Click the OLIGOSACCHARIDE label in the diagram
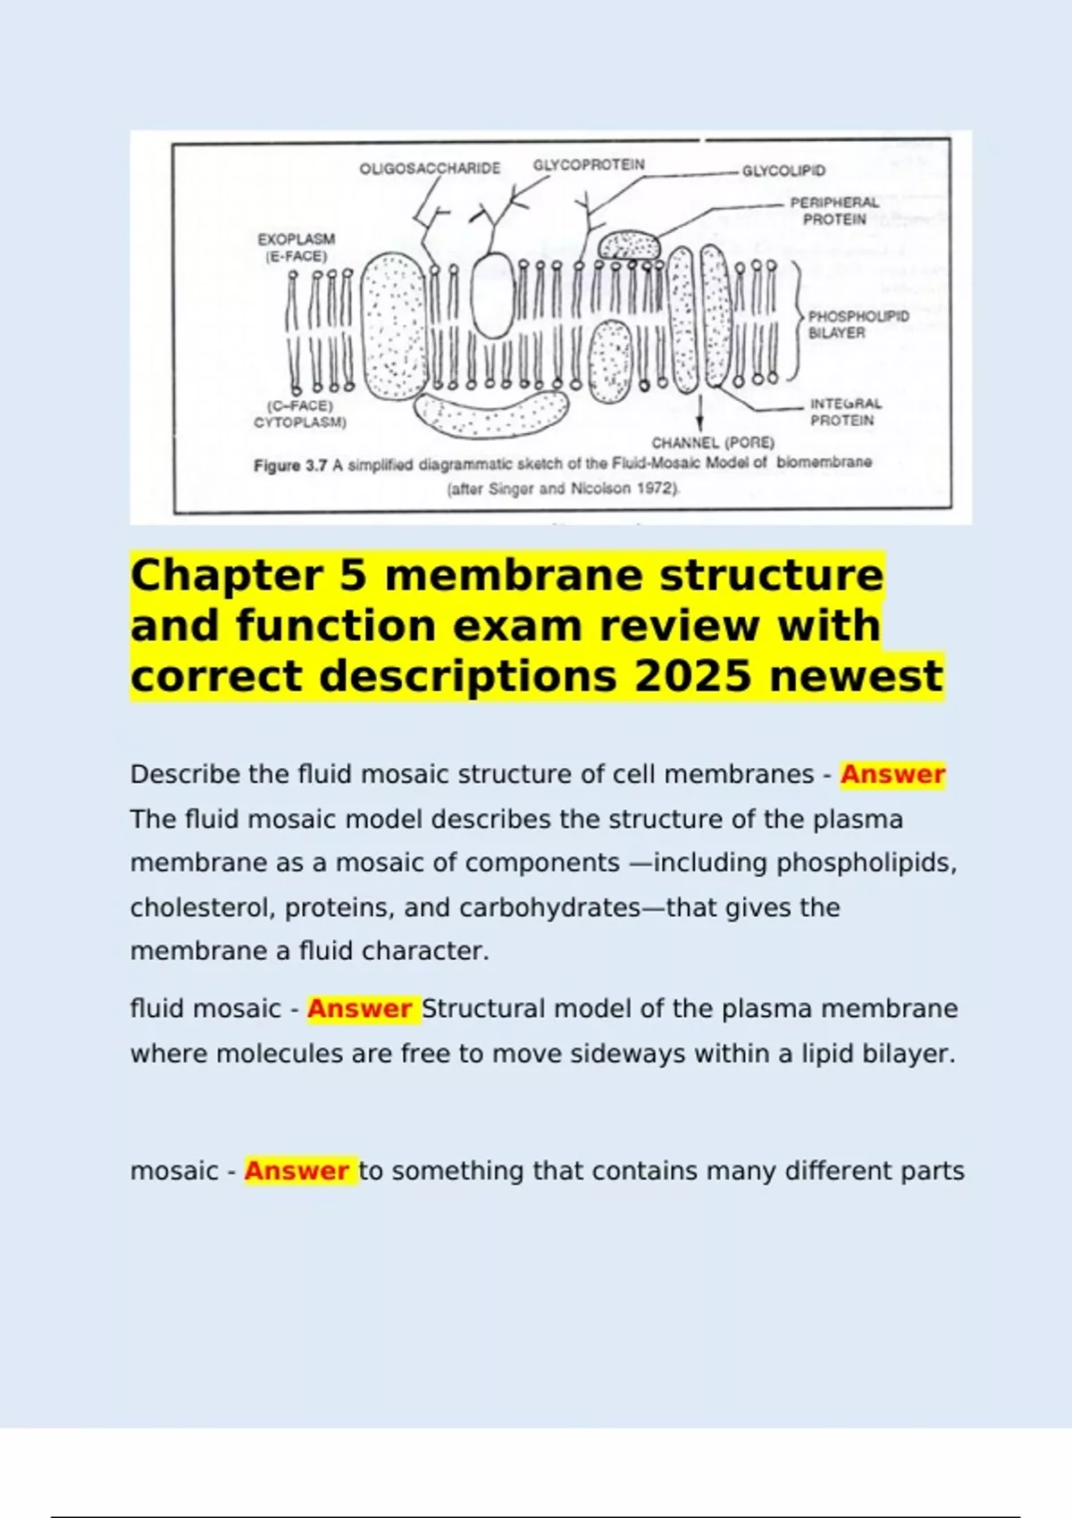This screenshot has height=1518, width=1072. point(430,169)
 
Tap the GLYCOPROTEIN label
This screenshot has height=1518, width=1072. point(589,165)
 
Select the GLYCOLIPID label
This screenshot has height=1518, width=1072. point(783,171)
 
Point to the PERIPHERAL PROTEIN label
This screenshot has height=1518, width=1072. point(834,211)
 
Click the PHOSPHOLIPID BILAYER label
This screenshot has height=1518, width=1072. point(858,324)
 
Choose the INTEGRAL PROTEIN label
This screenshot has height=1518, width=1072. point(845,412)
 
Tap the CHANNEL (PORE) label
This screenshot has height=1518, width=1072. point(713,443)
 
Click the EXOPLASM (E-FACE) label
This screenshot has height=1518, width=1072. point(296,247)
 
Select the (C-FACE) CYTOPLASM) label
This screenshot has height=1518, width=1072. point(300,414)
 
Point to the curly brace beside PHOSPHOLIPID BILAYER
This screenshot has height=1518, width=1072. point(795,321)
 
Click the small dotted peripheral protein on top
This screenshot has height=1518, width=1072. point(628,244)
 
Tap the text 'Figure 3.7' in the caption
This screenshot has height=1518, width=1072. point(291,465)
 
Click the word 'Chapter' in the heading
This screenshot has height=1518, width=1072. point(226,575)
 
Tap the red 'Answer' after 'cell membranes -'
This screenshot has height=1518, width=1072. point(892,774)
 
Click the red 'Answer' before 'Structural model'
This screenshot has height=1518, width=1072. point(359,1009)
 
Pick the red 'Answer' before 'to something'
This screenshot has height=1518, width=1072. point(296,1171)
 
